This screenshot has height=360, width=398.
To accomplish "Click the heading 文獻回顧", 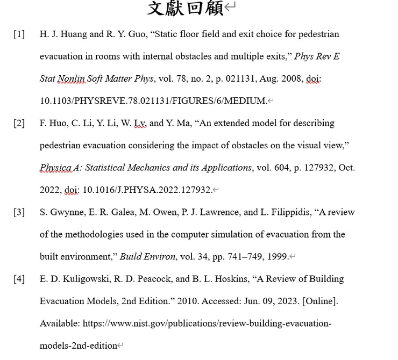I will point(185,9).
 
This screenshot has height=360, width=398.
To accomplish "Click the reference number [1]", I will point(19,34).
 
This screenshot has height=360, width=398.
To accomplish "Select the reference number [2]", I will point(19,123).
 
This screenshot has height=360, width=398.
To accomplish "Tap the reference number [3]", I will point(19,212).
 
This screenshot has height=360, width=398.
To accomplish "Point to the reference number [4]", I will point(19,279).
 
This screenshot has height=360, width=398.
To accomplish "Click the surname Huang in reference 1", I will point(73,34).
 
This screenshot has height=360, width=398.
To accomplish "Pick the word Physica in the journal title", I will point(55,168).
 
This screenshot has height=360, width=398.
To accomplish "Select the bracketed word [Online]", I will point(321,301).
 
